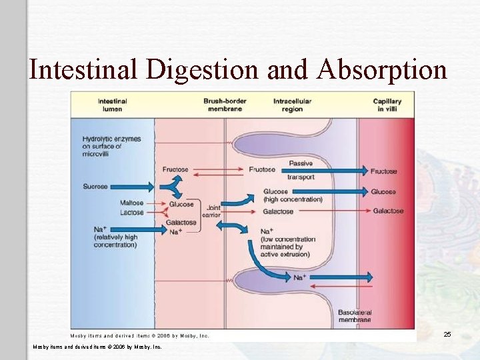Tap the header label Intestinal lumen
(113, 105)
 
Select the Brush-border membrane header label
(225, 105)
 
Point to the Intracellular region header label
(292, 105)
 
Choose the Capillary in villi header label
(387, 105)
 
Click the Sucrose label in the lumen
(95, 187)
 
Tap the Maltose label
(131, 203)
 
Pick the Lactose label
(131, 213)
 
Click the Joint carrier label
(213, 212)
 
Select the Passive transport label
(301, 171)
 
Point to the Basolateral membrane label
(353, 315)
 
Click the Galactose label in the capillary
(388, 211)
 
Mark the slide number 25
(447, 334)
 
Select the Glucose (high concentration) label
(292, 195)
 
